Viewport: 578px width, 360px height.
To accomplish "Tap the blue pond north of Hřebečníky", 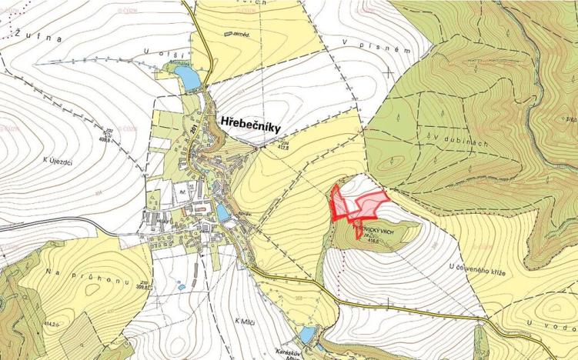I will click(186, 76).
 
